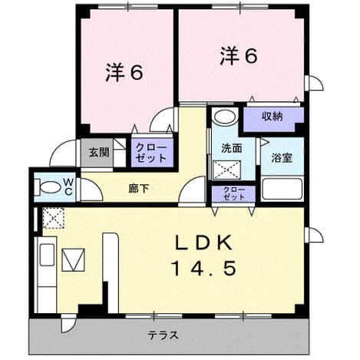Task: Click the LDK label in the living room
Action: pyautogui.click(x=203, y=243)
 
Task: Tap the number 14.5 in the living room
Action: pyautogui.click(x=204, y=268)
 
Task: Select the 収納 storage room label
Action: pyautogui.click(x=272, y=117)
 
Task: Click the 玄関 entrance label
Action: pyautogui.click(x=99, y=152)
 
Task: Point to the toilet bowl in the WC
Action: pyautogui.click(x=48, y=187)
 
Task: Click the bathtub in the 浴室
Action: pyautogui.click(x=282, y=189)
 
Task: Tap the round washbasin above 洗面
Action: pyautogui.click(x=225, y=117)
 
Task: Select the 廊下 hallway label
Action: pyautogui.click(x=138, y=189)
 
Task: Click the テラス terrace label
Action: pyautogui.click(x=163, y=335)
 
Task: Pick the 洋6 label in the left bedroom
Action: pyautogui.click(x=124, y=72)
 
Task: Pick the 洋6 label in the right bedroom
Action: pyautogui.click(x=239, y=55)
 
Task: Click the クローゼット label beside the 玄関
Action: pyautogui.click(x=151, y=153)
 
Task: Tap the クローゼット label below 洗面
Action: pyautogui.click(x=234, y=193)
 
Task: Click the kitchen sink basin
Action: pyautogui.click(x=48, y=255)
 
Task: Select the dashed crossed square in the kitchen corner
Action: pyautogui.click(x=53, y=218)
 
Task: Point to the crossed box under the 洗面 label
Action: pyautogui.click(x=226, y=170)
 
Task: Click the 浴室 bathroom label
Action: pyautogui.click(x=282, y=157)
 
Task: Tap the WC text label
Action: pyautogui.click(x=68, y=187)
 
